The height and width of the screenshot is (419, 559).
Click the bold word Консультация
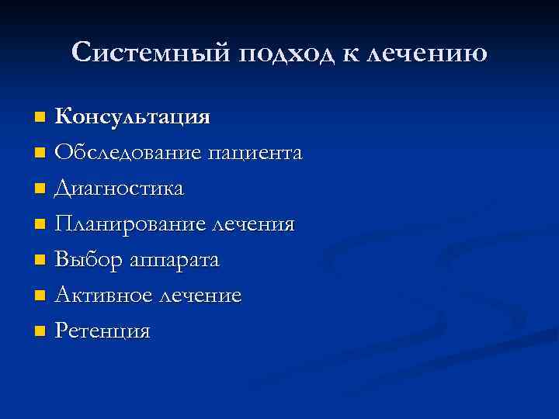coord(133,117)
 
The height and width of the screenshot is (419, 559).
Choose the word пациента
coord(255,154)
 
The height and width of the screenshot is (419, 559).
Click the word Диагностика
coord(120,189)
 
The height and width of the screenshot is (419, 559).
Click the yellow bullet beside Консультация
coord(40,118)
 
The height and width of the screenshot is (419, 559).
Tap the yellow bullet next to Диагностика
coord(40,189)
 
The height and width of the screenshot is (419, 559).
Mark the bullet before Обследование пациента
coord(40,154)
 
